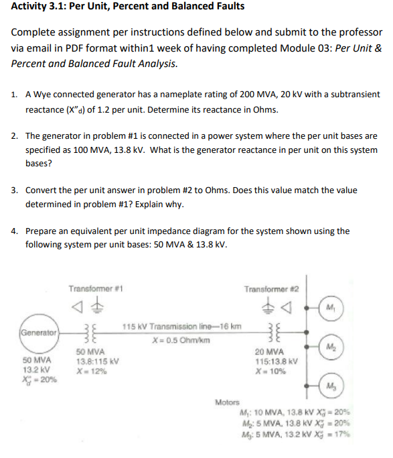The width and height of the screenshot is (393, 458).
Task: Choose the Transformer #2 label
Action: (x=271, y=290)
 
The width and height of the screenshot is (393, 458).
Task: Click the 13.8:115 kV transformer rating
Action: (x=98, y=359)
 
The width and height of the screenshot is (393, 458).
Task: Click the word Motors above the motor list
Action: (x=228, y=402)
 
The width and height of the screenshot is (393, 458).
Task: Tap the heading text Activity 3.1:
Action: (x=40, y=7)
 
